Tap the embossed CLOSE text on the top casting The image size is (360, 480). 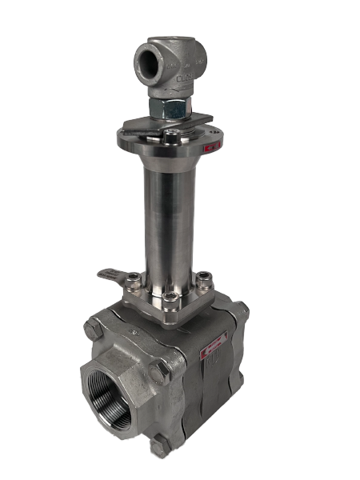tap(182, 77)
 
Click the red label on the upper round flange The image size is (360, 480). tap(211, 146)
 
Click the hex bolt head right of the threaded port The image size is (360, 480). tap(160, 370)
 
